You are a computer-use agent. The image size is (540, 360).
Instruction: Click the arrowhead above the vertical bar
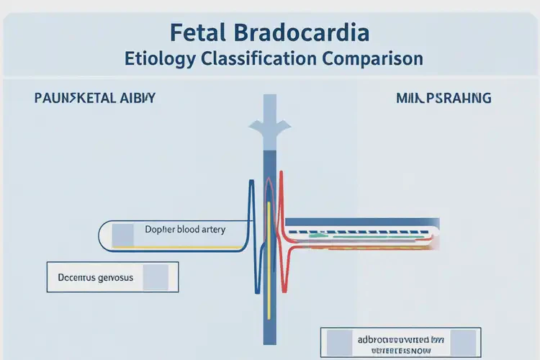point(269,130)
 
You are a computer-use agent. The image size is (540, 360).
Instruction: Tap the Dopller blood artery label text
point(185,230)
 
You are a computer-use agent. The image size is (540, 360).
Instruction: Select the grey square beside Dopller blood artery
point(122,234)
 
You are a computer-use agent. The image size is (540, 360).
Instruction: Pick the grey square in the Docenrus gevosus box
point(156,276)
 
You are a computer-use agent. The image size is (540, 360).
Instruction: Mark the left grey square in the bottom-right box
point(338,341)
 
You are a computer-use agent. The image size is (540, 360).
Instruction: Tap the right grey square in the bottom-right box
point(463,341)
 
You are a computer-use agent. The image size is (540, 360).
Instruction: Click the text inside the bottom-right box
point(400,341)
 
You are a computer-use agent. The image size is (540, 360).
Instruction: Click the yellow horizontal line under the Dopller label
point(180,247)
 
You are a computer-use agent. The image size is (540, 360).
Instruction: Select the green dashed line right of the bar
point(338,234)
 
